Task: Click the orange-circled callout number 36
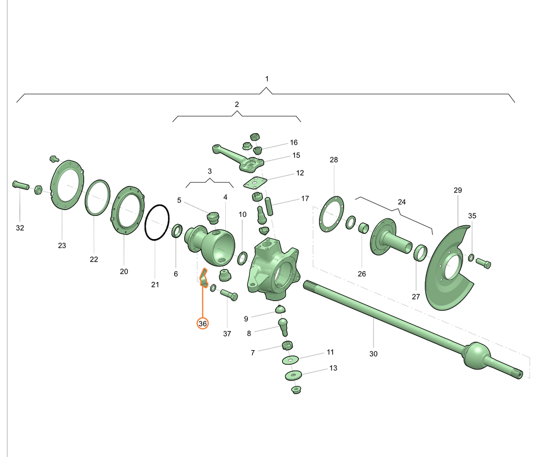pyautogui.click(x=203, y=324)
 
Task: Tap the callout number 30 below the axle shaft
pyautogui.click(x=373, y=354)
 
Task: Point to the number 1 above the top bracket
pyautogui.click(x=267, y=79)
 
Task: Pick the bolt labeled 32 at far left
pyautogui.click(x=21, y=185)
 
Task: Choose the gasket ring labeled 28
pyautogui.click(x=323, y=216)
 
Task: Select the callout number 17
pyautogui.click(x=305, y=199)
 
